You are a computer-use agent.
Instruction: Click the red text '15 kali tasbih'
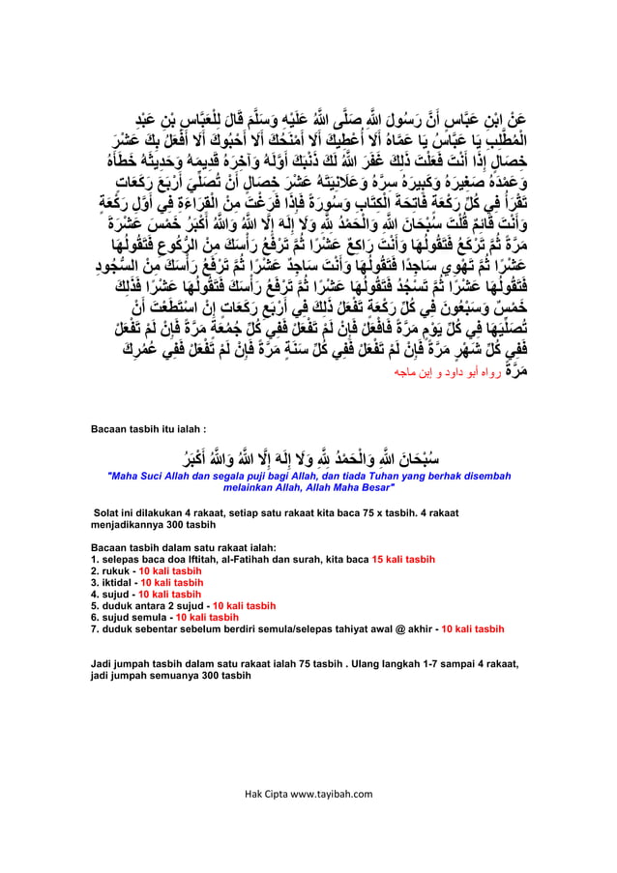coord(403,559)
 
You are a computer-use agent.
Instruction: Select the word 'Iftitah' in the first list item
coord(197,559)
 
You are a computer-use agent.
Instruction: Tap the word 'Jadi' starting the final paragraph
coord(100,665)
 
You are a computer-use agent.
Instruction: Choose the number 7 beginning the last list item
coord(92,628)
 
